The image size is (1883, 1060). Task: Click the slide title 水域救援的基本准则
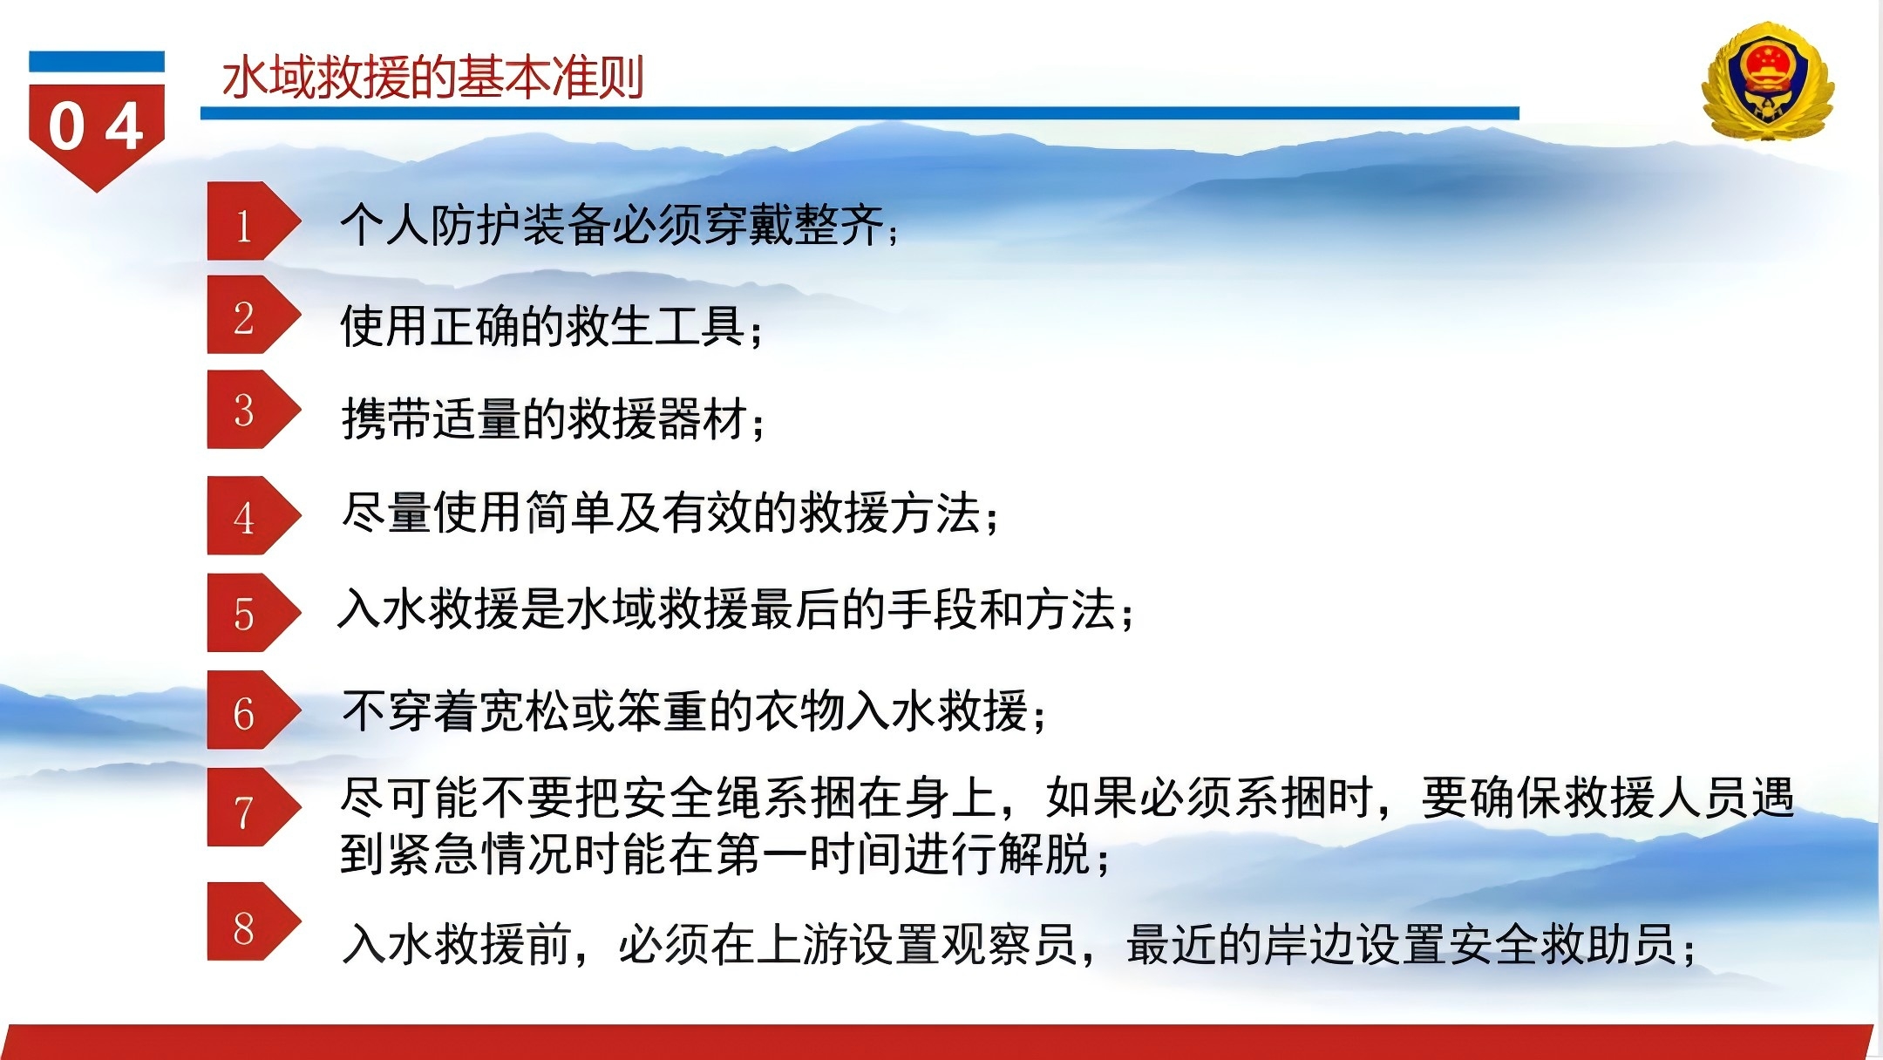pyautogui.click(x=433, y=78)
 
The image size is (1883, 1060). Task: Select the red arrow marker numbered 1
pyautogui.click(x=253, y=221)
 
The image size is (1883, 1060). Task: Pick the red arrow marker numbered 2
pyautogui.click(x=253, y=315)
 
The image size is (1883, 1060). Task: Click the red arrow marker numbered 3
pyautogui.click(x=253, y=410)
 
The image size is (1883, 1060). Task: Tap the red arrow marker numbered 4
pyautogui.click(x=253, y=515)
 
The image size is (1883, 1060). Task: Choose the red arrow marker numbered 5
pyautogui.click(x=253, y=612)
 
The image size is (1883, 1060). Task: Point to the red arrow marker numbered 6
pyautogui.click(x=253, y=710)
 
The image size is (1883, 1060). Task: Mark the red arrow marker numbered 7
pyautogui.click(x=253, y=807)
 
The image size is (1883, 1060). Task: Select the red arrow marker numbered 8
pyautogui.click(x=253, y=921)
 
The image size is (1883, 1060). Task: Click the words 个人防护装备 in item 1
pyautogui.click(x=476, y=225)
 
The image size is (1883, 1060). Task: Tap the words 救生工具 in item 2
pyautogui.click(x=656, y=327)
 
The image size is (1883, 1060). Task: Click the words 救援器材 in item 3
pyautogui.click(x=657, y=419)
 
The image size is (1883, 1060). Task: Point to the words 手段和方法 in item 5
pyautogui.click(x=1001, y=608)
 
